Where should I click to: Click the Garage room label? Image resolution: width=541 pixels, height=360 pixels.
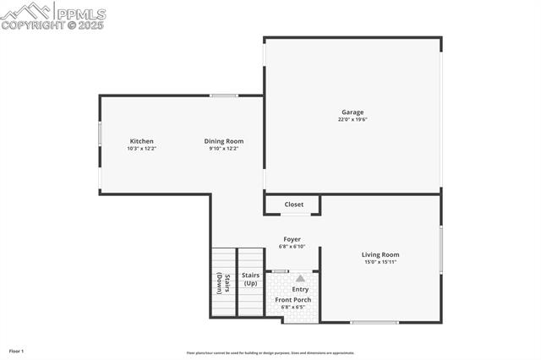(352, 112)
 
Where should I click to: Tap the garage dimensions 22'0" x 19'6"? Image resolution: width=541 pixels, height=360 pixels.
(352, 120)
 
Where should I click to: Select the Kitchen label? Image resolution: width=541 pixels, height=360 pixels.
(141, 141)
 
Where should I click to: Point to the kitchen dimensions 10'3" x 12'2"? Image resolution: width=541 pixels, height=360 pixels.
(141, 149)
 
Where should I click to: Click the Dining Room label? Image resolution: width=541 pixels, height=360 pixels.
(223, 141)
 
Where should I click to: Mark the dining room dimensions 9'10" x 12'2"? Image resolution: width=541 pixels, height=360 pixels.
(223, 149)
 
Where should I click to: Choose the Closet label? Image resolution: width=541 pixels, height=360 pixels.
(293, 205)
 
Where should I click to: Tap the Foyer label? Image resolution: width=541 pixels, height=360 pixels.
(292, 239)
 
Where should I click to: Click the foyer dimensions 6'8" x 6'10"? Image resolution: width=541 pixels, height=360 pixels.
(292, 247)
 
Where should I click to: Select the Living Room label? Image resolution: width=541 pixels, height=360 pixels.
(380, 254)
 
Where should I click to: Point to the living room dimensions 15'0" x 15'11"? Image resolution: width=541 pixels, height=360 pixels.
(380, 262)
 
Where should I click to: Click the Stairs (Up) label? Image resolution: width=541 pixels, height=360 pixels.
(250, 279)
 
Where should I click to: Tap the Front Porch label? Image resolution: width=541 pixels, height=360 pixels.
(293, 300)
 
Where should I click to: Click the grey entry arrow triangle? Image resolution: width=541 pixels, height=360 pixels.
(300, 278)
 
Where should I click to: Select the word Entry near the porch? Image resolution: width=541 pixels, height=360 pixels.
(300, 290)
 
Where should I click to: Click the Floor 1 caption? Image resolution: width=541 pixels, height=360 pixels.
(16, 351)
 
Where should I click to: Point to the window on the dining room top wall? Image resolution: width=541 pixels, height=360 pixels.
(224, 95)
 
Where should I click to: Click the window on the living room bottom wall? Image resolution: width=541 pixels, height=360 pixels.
(374, 322)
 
